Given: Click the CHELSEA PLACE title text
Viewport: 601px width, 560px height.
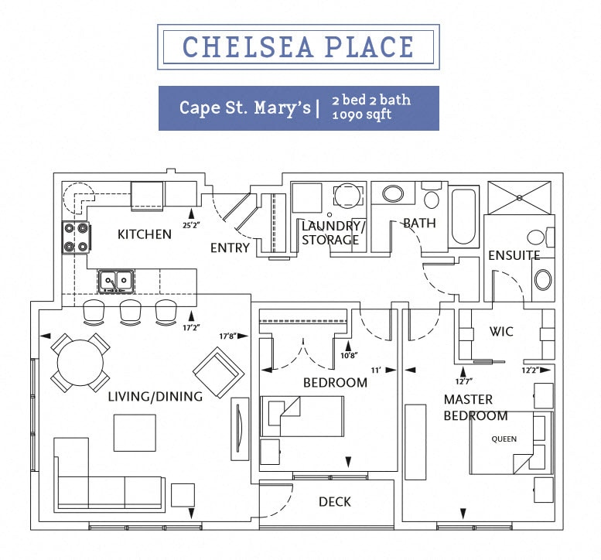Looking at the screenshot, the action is pyautogui.click(x=298, y=46).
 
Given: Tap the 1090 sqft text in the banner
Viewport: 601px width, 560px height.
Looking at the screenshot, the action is pyautogui.click(x=361, y=114).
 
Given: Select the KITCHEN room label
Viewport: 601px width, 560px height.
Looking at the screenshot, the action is pyautogui.click(x=145, y=234).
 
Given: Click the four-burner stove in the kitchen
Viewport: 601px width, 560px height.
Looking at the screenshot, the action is pyautogui.click(x=77, y=237).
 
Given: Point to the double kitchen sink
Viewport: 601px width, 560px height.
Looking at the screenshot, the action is pyautogui.click(x=116, y=281).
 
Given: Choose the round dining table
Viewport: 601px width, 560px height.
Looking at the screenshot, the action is pyautogui.click(x=80, y=362).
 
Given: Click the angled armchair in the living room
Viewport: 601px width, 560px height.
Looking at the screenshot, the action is pyautogui.click(x=219, y=373).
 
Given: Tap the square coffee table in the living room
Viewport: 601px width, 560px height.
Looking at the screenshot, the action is pyautogui.click(x=135, y=432).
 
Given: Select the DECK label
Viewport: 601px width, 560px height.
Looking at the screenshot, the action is pyautogui.click(x=335, y=502).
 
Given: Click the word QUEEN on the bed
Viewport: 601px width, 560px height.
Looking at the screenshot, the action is pyautogui.click(x=504, y=439).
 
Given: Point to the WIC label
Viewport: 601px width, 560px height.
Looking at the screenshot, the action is pyautogui.click(x=501, y=331).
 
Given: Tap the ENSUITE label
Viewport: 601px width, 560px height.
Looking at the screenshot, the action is pyautogui.click(x=514, y=255).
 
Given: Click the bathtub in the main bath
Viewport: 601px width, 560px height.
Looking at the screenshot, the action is pyautogui.click(x=464, y=217).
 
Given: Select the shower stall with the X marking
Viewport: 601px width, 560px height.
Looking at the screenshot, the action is pyautogui.click(x=519, y=198).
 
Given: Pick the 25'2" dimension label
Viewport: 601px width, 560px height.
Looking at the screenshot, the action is pyautogui.click(x=191, y=225).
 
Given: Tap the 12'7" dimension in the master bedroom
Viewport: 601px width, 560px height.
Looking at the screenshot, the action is pyautogui.click(x=463, y=381).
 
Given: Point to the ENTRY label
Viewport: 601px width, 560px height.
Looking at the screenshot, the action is pyautogui.click(x=230, y=248).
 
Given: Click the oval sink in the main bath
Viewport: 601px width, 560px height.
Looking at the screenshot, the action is pyautogui.click(x=393, y=193).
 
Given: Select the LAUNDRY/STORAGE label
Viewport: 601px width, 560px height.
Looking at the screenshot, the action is pyautogui.click(x=332, y=233).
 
